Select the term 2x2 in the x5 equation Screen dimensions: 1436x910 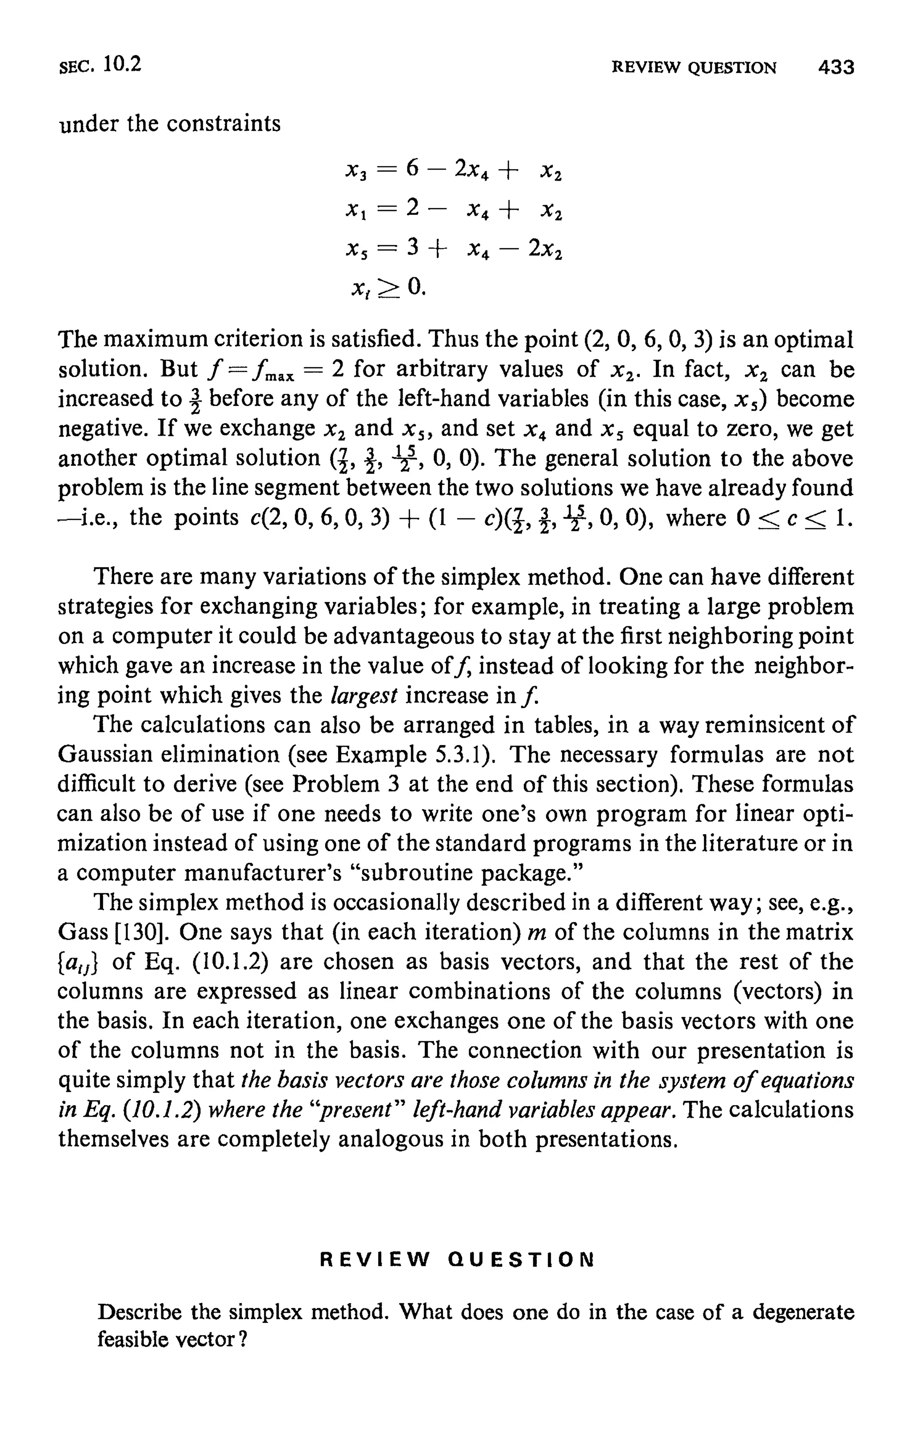point(545,248)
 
